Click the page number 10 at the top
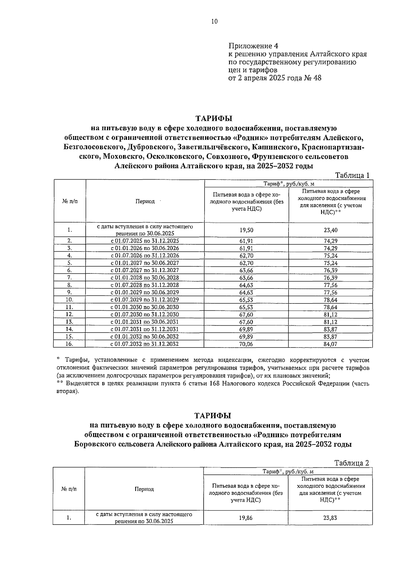214,22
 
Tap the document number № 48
313,78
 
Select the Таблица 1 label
352,176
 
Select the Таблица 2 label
351,463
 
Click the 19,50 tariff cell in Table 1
246,230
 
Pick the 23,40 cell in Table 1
330,230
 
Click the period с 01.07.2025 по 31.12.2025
145,241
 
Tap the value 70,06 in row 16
246,344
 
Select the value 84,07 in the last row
330,344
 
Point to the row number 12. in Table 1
69,314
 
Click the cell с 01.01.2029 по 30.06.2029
145,292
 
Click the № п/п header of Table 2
69,489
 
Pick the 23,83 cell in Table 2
330,518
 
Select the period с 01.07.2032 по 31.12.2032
145,344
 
